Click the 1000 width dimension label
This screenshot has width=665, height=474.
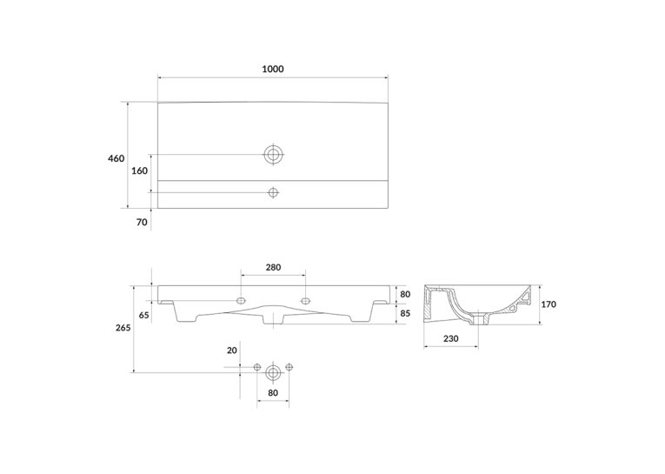click(x=273, y=69)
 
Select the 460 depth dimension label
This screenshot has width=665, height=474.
click(x=116, y=158)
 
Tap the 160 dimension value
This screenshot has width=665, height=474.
click(x=140, y=170)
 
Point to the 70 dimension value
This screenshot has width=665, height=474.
click(x=142, y=223)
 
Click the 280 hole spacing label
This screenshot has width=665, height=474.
click(x=273, y=267)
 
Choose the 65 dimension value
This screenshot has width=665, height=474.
click(x=144, y=316)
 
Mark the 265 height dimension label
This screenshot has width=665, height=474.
click(x=123, y=328)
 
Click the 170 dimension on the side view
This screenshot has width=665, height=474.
click(x=549, y=304)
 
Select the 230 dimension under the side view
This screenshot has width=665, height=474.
click(x=451, y=338)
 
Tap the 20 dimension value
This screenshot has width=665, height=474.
click(x=232, y=350)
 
